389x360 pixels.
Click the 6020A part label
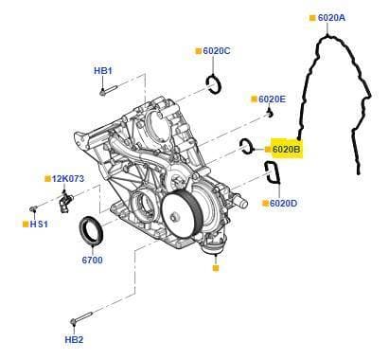click(x=331, y=18)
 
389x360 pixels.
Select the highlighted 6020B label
click(x=287, y=149)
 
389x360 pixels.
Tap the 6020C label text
click(x=217, y=51)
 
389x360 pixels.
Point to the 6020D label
click(x=283, y=203)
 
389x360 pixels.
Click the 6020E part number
click(x=272, y=99)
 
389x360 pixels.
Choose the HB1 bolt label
click(x=103, y=70)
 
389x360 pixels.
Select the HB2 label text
click(x=74, y=340)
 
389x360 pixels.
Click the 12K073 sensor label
click(x=68, y=179)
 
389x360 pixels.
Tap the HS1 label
click(x=39, y=225)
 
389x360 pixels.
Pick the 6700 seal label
click(x=92, y=260)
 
